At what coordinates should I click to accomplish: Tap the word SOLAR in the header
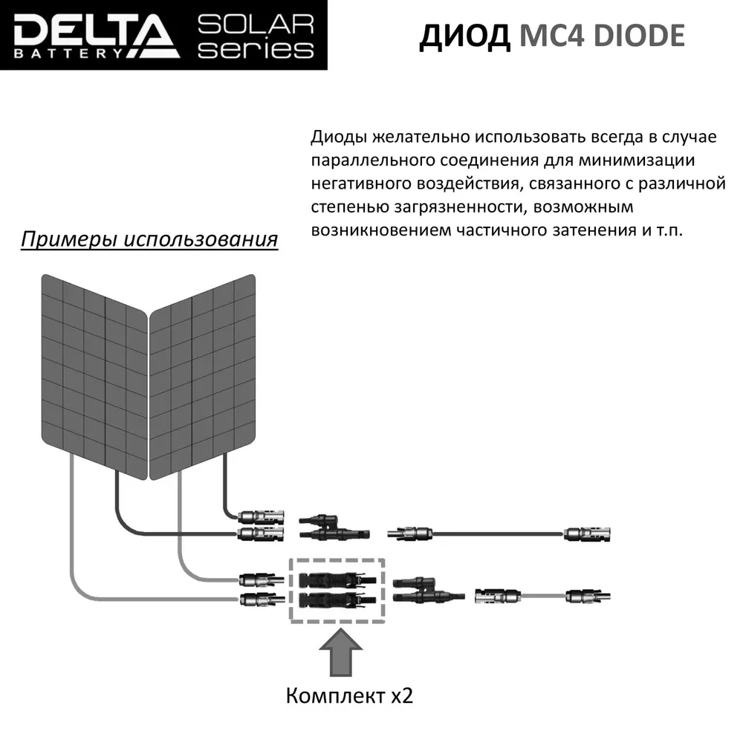(x=256, y=24)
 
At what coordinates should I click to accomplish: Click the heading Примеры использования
(x=149, y=240)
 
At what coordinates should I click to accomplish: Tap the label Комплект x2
(x=349, y=696)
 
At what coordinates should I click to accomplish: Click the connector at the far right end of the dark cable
(x=587, y=533)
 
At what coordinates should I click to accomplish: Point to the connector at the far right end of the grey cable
(x=587, y=595)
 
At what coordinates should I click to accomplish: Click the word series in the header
(x=256, y=50)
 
